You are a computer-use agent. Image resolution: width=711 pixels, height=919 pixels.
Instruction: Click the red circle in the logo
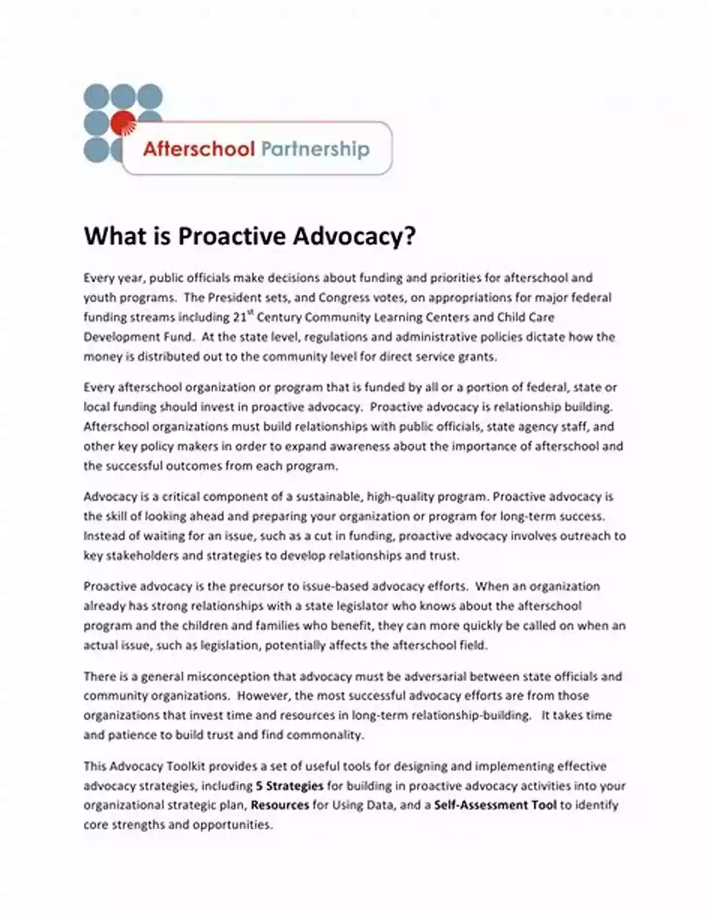(123, 124)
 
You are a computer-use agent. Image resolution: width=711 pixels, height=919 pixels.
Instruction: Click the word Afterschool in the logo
(199, 149)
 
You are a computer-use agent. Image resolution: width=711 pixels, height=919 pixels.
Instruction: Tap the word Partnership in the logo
(315, 149)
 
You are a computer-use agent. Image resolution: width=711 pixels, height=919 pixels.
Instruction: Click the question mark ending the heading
(410, 236)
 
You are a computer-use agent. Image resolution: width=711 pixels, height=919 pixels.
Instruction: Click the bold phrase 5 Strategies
(289, 786)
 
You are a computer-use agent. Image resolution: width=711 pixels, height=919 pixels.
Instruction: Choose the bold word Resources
(280, 805)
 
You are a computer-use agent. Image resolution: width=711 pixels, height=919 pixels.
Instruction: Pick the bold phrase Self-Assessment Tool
(496, 805)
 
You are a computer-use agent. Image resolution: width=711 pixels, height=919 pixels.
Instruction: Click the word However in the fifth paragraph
(265, 696)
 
